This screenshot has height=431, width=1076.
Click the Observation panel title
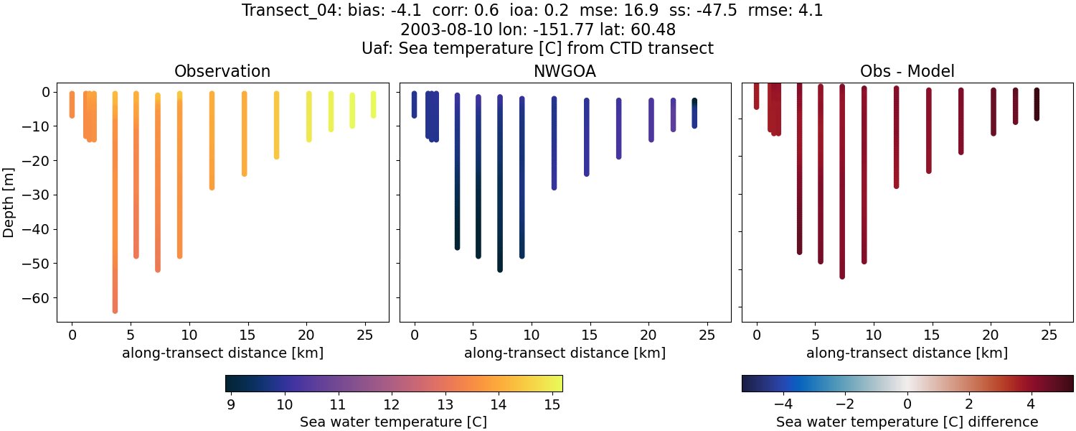[x=222, y=71]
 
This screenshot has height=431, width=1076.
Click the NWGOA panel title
[x=565, y=71]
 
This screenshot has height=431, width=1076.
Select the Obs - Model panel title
[x=907, y=71]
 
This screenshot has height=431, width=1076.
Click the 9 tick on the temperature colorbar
[x=231, y=404]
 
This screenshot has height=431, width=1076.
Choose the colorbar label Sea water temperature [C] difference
[x=907, y=422]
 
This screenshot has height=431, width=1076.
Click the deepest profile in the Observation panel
[x=115, y=215]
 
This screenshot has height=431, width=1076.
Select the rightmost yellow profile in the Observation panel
[x=373, y=104]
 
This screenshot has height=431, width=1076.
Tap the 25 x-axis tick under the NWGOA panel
[x=707, y=335]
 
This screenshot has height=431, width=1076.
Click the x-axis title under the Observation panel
[x=222, y=353]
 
